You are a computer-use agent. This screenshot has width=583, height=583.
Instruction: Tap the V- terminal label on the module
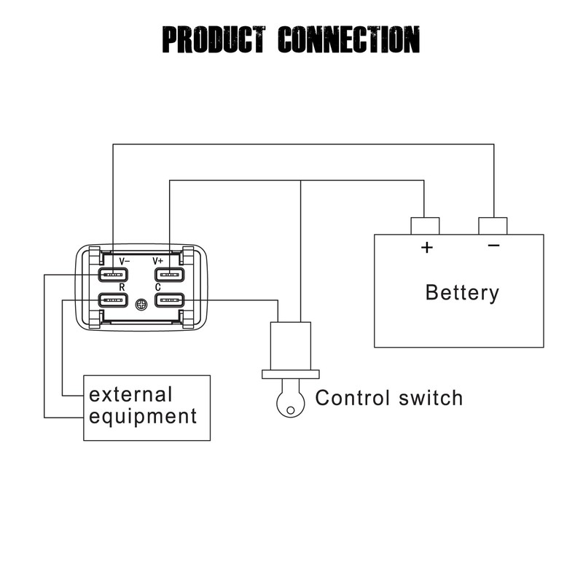tap(124, 260)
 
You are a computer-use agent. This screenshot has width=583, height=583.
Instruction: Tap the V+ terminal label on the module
tap(158, 260)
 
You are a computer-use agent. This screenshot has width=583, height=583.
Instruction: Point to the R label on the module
tap(122, 287)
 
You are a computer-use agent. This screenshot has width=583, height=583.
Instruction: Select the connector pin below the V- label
tap(113, 275)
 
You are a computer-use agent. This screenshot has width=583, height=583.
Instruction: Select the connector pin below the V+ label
tap(169, 275)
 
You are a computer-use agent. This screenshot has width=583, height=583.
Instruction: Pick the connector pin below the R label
tap(113, 300)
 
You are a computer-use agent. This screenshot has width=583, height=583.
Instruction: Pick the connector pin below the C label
tap(169, 300)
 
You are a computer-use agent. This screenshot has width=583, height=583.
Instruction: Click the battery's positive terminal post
tap(425, 226)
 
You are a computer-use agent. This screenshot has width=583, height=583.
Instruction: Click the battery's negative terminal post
tap(493, 226)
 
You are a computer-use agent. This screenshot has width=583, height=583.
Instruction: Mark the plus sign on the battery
tap(427, 248)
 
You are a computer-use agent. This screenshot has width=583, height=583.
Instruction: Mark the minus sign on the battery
tap(494, 246)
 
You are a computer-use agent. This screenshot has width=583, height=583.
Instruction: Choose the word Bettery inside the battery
tap(462, 293)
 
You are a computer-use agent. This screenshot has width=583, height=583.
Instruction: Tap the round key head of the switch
tap(291, 402)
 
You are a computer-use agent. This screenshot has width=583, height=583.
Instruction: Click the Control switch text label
tap(388, 399)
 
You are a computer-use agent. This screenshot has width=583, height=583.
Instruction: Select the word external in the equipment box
tap(131, 395)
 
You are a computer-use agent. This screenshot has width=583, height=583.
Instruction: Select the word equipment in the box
tap(143, 417)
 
